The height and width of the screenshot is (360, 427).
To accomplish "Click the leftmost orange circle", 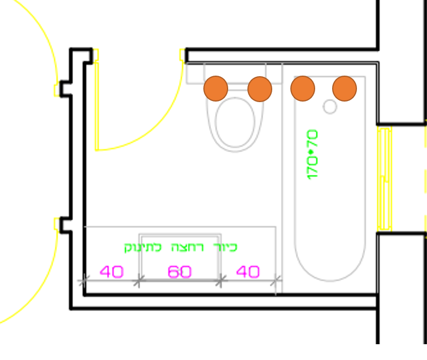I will (216, 89).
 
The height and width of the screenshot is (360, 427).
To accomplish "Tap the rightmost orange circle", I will (345, 89).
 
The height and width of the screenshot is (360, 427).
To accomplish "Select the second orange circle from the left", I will (260, 89).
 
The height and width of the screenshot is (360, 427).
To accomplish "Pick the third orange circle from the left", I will (303, 89).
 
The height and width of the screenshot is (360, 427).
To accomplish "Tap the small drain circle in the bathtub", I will (330, 106).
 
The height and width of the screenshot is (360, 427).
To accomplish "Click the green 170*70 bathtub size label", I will (312, 155).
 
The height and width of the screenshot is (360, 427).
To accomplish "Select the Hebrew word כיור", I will (225, 247).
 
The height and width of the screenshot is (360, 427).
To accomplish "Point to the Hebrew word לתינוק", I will (143, 247).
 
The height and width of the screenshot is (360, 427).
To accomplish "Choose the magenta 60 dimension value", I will (180, 272).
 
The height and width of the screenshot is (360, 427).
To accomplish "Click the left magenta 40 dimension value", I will (112, 272).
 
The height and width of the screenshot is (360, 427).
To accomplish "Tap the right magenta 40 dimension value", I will (247, 272).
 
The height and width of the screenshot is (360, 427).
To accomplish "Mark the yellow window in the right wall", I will (384, 178).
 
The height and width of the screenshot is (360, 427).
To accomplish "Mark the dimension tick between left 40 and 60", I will (138, 280).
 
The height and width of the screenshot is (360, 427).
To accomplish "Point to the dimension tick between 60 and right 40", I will (221, 280).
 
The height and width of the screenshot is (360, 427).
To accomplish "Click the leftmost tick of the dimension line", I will (84, 280).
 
